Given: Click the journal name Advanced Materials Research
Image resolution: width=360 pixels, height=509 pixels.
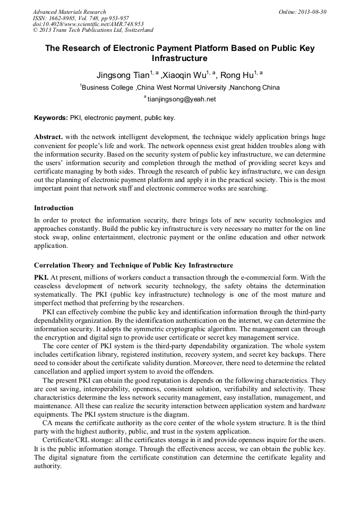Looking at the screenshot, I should (70, 12).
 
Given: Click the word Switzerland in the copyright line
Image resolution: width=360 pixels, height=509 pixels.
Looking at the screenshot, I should (135, 30).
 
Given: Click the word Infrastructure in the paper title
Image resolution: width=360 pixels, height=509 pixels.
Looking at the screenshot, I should (179, 58).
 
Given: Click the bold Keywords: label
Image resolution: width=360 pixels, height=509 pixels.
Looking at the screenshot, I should (51, 117).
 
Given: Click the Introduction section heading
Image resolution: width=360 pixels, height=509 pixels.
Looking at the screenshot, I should (54, 208).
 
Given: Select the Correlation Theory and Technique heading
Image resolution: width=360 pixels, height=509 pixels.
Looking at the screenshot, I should (133, 265).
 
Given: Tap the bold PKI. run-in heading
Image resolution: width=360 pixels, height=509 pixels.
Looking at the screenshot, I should (41, 278).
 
